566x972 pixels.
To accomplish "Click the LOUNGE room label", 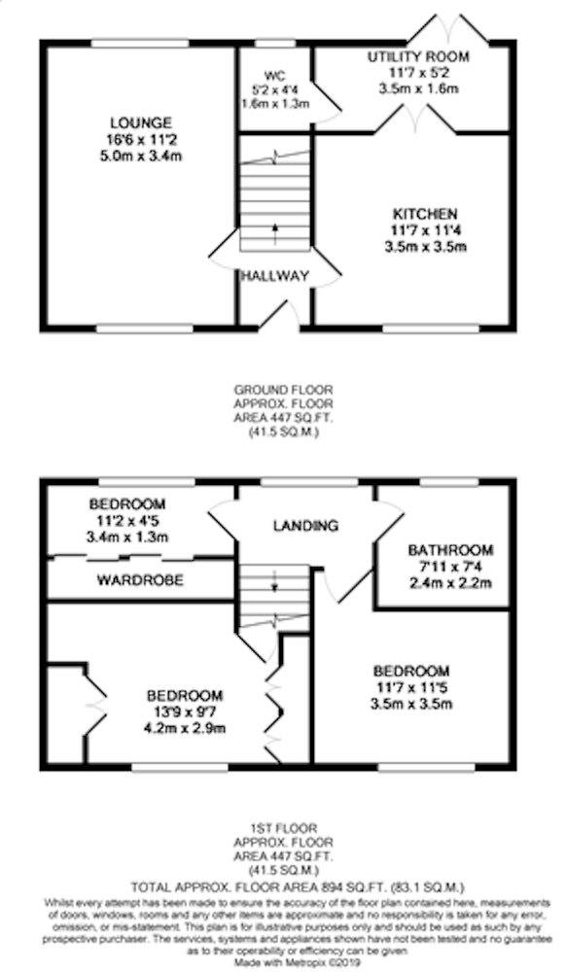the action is pos(141,122).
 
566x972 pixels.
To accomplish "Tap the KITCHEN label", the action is pos(425,214).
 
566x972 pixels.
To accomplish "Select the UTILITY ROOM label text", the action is pos(418,56).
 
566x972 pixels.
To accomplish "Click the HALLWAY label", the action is pos(274,276).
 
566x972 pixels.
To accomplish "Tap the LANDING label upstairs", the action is pos(305,526).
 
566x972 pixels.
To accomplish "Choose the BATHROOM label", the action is pos(450,550).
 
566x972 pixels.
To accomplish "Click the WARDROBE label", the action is pos(140,580).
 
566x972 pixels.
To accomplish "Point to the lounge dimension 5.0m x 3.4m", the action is pos(141,156).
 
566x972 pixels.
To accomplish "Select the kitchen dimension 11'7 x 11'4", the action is pos(425,230).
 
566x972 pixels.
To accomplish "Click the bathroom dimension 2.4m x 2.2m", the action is pos(450,582).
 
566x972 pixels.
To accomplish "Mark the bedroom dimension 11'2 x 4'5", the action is pos(126,521).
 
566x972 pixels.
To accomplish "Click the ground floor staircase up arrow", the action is pos(274,232).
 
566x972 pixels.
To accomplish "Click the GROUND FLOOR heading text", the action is pos(283,390).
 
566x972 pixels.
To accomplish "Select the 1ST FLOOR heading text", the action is pos(283,827).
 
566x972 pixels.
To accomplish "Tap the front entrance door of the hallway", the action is pos(280,315).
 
